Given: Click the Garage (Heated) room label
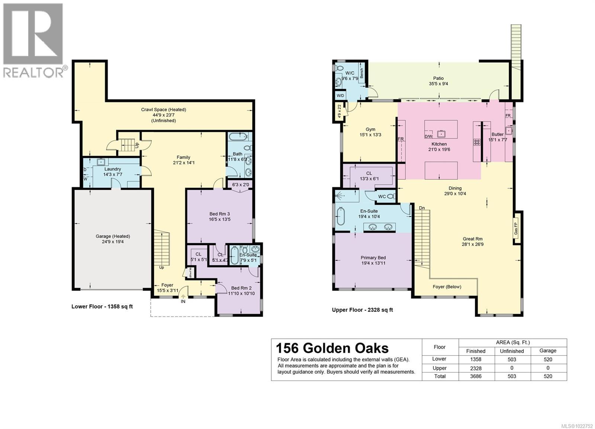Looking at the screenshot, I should tap(113, 236).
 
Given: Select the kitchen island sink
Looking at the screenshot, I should tap(441, 133).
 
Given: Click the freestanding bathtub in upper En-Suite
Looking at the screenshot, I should tap(341, 217).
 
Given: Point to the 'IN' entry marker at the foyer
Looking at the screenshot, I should tap(183, 301).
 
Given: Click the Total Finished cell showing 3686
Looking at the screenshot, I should tap(476, 376).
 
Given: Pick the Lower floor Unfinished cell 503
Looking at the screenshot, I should tap(512, 359).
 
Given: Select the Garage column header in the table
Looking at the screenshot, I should tap(548, 351).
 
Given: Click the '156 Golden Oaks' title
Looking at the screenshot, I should tap(332, 348).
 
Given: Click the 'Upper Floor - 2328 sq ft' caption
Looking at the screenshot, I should tap(362, 310).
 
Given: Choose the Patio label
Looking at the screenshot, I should tap(438, 78).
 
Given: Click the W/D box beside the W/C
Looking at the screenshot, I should tap(340, 96).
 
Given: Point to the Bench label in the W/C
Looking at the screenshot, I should tap(361, 73).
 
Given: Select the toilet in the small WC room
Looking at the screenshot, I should tap(391, 196).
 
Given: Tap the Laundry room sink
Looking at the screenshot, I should tap(101, 162).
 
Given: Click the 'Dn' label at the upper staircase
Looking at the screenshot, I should tap(422, 208).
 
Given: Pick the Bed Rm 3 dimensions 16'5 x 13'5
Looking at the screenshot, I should tap(220, 219).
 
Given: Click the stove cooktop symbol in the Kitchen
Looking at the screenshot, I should tap(476, 142).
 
